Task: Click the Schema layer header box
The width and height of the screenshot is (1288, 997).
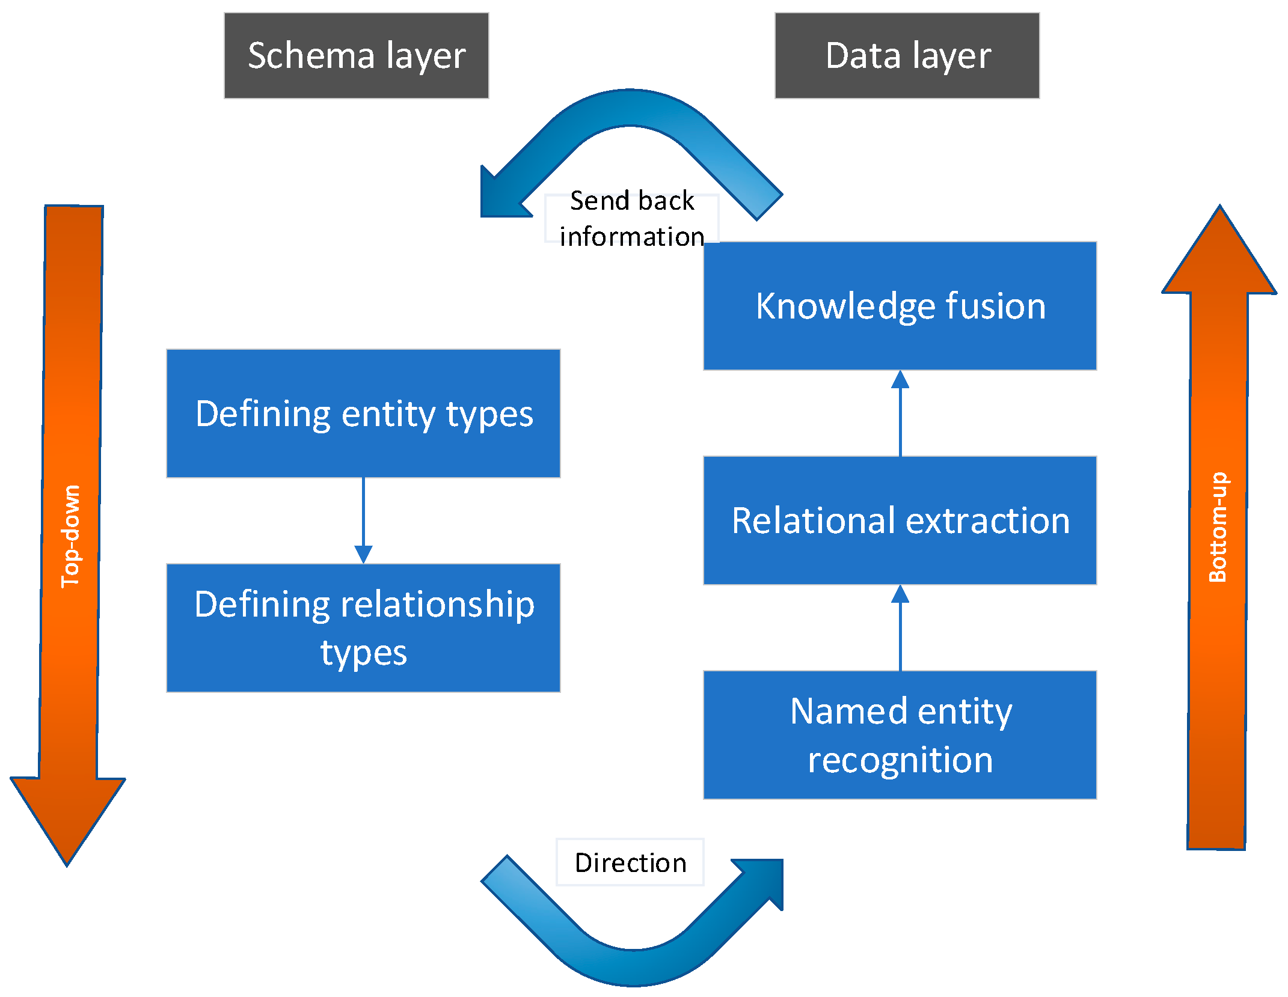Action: click(x=356, y=55)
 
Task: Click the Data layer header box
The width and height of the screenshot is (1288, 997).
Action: click(x=907, y=55)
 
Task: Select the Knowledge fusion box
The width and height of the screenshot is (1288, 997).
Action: click(x=900, y=306)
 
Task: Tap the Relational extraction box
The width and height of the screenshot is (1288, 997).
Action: click(x=900, y=520)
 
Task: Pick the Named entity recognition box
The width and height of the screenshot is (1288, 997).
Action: click(x=900, y=735)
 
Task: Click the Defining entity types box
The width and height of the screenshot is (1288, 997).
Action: click(x=363, y=413)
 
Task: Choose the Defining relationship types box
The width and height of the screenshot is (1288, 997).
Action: click(x=363, y=628)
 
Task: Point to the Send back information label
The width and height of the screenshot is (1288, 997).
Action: click(x=631, y=218)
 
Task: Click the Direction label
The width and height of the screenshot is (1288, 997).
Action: click(x=630, y=862)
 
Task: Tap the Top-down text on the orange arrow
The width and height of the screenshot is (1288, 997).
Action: click(x=71, y=536)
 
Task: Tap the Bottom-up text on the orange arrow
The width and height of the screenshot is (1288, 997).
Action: click(x=1218, y=527)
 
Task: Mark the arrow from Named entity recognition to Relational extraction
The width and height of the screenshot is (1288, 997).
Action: click(x=900, y=628)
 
